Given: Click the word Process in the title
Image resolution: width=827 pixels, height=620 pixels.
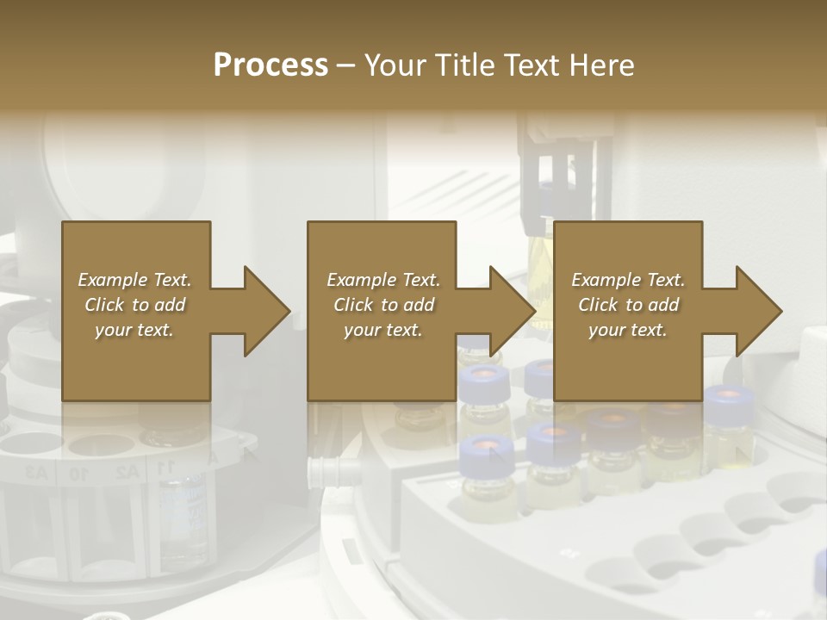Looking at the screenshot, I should pos(270,65).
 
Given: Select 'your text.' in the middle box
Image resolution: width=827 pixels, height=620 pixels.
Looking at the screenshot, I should pos(382,330).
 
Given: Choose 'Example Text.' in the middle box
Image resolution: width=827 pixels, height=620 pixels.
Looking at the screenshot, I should pos(382,280).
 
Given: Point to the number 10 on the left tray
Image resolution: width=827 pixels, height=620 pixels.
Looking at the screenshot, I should pos(78,472).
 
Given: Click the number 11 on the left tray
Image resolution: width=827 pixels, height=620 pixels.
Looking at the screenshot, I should pos(164,466).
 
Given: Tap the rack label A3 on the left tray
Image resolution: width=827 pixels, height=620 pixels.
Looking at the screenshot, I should pos(35,471).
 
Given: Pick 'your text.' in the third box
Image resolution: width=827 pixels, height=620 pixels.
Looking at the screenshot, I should pos(627,330).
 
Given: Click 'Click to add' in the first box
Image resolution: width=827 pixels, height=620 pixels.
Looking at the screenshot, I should pos(134,305).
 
